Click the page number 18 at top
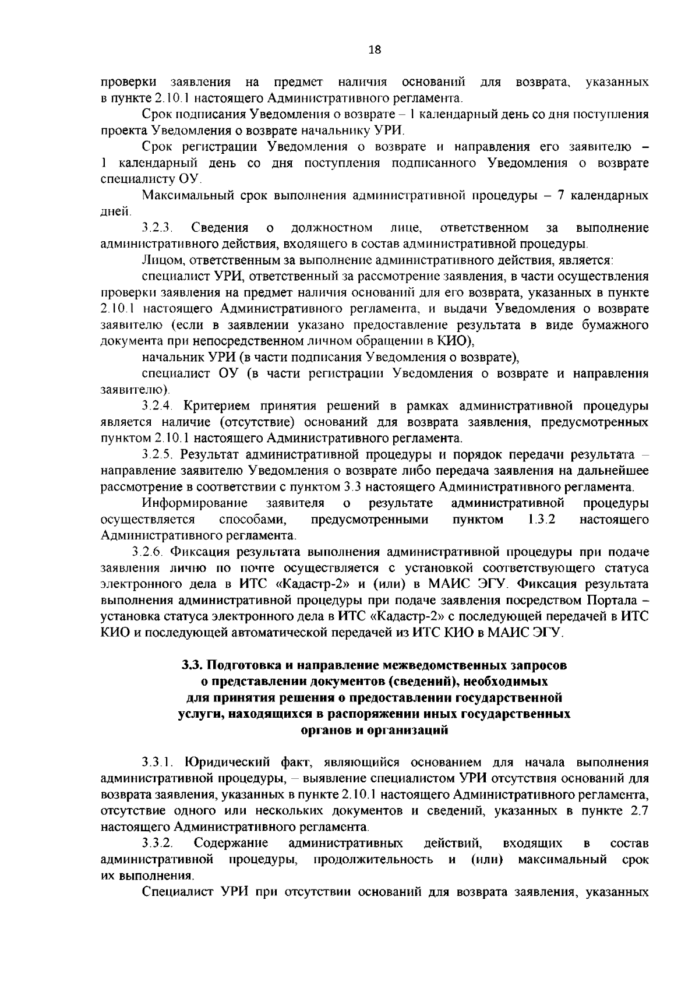[375, 50]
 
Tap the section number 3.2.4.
[159, 405]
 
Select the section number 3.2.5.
[159, 454]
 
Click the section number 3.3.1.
[159, 762]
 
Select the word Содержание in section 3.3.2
[231, 843]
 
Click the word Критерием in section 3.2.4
[217, 405]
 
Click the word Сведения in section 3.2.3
[220, 227]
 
